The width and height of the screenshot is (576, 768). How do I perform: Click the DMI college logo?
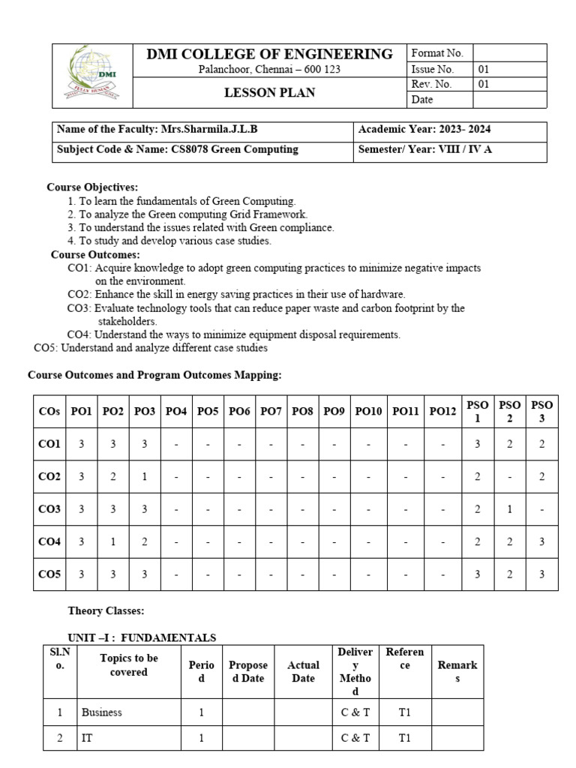92,75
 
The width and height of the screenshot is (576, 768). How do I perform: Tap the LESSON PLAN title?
270,93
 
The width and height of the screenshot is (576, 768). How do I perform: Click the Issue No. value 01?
484,69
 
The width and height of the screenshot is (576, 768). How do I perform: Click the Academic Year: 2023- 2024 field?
424,130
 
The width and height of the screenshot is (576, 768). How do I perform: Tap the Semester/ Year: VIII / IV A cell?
424,149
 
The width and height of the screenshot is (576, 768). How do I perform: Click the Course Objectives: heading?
92,187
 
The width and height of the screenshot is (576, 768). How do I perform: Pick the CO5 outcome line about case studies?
151,348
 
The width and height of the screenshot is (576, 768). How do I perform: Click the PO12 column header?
442,412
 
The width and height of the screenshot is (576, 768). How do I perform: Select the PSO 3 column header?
541,412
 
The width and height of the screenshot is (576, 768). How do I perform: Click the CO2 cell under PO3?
144,477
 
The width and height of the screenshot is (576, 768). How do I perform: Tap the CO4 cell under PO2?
112,542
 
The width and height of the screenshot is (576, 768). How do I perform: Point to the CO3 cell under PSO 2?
509,510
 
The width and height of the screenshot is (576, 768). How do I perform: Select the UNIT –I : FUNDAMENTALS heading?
142,638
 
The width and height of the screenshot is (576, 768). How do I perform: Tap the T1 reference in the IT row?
405,738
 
